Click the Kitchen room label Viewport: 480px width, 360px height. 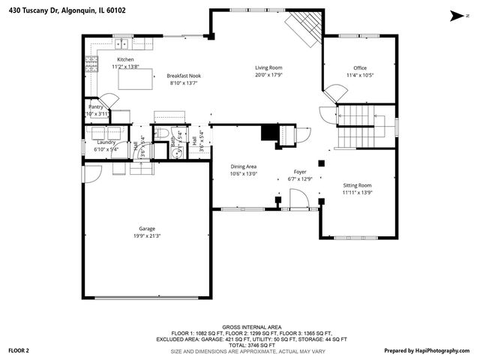tap(125, 59)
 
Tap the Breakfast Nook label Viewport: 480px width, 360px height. tap(184, 76)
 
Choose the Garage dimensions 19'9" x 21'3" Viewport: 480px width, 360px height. tap(146, 236)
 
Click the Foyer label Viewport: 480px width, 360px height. tap(299, 172)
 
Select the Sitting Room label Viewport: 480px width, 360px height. tap(357, 185)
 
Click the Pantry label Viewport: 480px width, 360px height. tap(96, 106)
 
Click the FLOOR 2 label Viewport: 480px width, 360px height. tap(19, 350)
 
